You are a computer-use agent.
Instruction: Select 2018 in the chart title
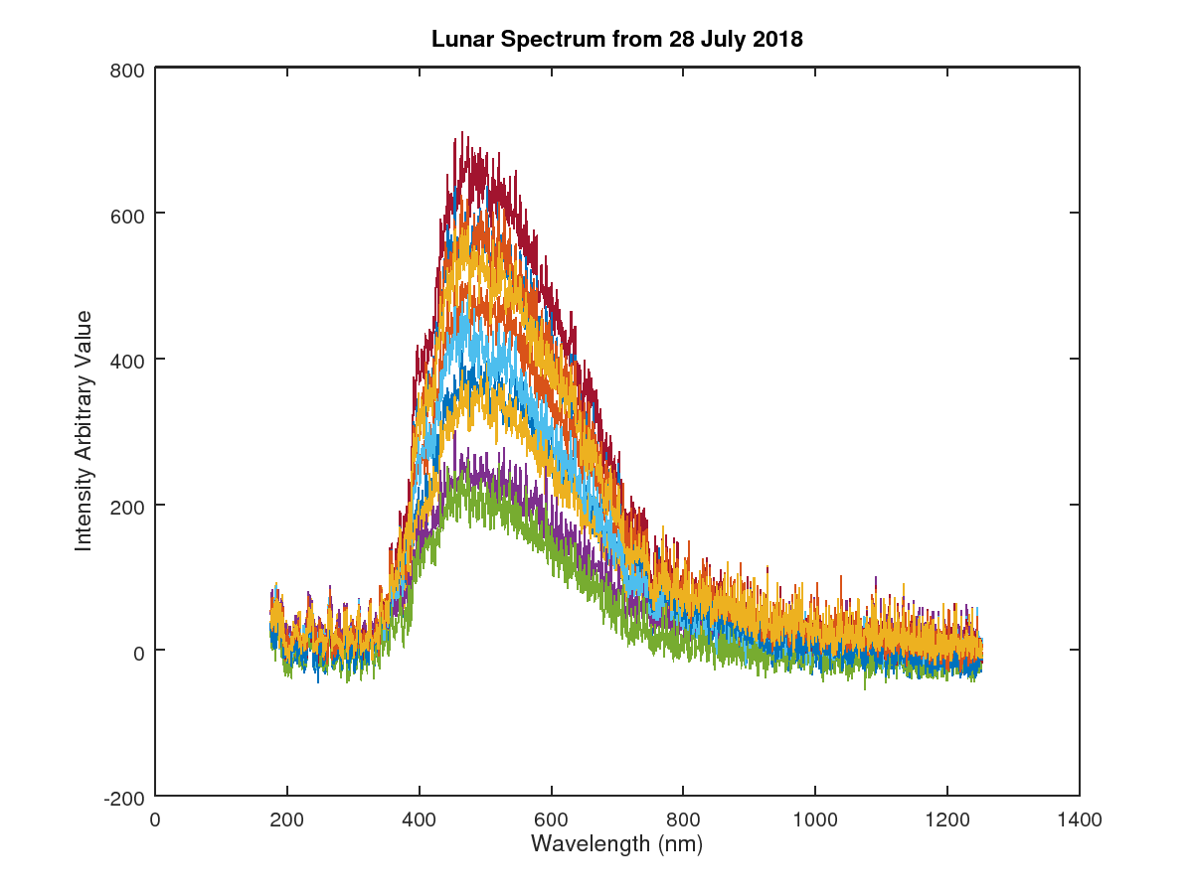[779, 40]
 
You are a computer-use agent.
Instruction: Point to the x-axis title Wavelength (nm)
[616, 844]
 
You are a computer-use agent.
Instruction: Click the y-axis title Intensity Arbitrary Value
[84, 431]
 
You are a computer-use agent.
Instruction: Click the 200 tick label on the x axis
[287, 820]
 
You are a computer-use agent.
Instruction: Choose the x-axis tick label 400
[419, 820]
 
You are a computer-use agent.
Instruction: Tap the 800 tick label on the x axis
[683, 820]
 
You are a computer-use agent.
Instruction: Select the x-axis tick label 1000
[815, 820]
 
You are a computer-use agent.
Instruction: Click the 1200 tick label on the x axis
[947, 820]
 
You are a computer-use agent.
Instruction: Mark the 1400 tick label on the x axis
[1079, 820]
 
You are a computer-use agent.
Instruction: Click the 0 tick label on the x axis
[155, 820]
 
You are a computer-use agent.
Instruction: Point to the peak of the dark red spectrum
[462, 133]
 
